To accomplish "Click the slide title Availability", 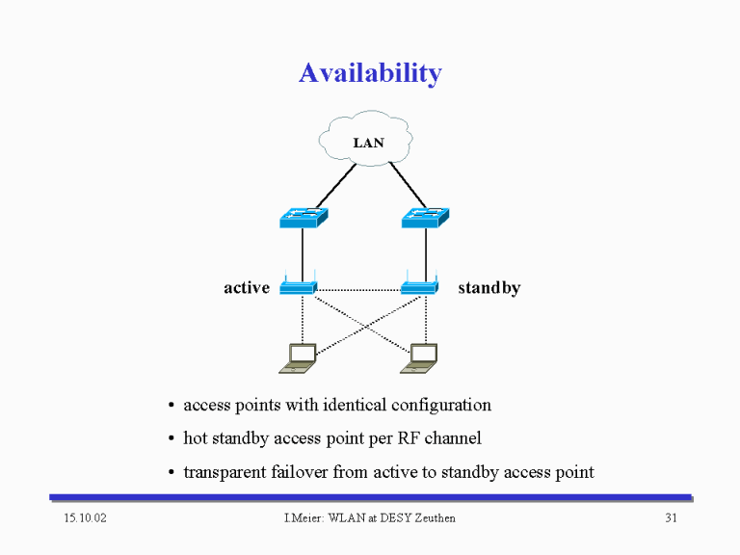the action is (370, 73).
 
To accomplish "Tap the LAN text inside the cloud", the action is (369, 143).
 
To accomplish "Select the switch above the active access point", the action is (304, 218).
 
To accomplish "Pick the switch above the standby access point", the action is (425, 218).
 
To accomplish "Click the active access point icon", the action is (299, 283).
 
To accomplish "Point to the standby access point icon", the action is (419, 283).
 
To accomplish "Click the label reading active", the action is (247, 287).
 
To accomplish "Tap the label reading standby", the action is (489, 287).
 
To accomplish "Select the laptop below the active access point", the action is (298, 358).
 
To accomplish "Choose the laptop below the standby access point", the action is (419, 358).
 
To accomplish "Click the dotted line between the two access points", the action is (358, 290).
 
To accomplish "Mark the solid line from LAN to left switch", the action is (335, 186).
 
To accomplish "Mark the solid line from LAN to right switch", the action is (409, 185).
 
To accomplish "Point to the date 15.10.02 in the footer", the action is (86, 518).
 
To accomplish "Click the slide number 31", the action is (671, 518).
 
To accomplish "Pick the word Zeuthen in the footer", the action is (435, 518).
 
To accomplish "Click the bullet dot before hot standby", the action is (172, 439).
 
